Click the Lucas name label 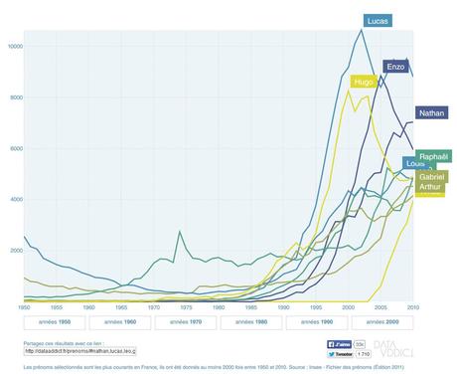pos(377,21)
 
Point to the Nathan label pos(430,113)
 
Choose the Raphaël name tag pos(433,157)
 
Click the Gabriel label pos(431,176)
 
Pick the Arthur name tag pos(429,187)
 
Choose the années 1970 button pos(185,322)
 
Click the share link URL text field pos(78,350)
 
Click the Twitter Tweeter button pos(343,352)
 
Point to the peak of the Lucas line pos(360,30)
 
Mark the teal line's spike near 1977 pos(179,232)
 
